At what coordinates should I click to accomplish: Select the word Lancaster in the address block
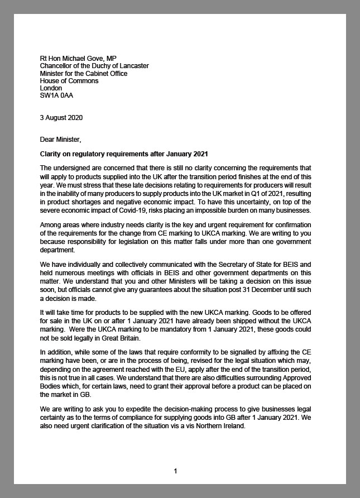[133, 66]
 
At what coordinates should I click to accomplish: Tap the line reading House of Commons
[69, 81]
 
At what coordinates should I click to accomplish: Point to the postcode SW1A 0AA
[56, 95]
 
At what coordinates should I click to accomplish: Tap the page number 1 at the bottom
[175, 471]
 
